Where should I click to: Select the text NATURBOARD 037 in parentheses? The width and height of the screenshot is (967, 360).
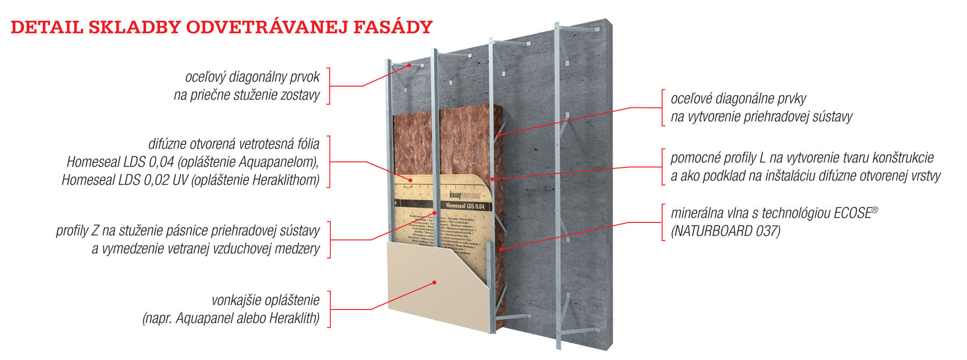pyautogui.click(x=725, y=231)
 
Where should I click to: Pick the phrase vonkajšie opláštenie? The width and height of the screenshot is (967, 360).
pyautogui.click(x=265, y=300)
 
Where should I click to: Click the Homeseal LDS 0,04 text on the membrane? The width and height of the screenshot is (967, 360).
pyautogui.click(x=465, y=206)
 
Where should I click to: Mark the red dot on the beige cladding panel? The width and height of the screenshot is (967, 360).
pyautogui.click(x=435, y=282)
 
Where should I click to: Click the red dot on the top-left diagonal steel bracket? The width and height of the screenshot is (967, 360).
pyautogui.click(x=409, y=66)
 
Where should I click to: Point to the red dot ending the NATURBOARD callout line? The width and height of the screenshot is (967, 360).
pyautogui.click(x=501, y=249)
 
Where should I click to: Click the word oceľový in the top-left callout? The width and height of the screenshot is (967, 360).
pyautogui.click(x=205, y=77)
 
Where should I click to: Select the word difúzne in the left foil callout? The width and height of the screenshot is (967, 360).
pyautogui.click(x=165, y=144)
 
